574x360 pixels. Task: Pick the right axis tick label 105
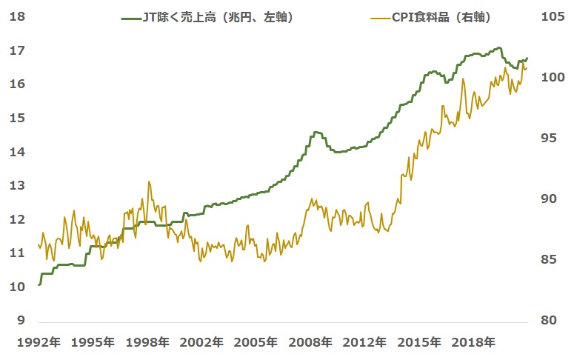click(553, 16)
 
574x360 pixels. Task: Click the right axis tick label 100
click(553, 77)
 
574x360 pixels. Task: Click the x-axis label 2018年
click(475, 342)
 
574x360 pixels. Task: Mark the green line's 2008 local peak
click(317, 132)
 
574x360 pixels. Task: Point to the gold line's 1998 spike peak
click(149, 181)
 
